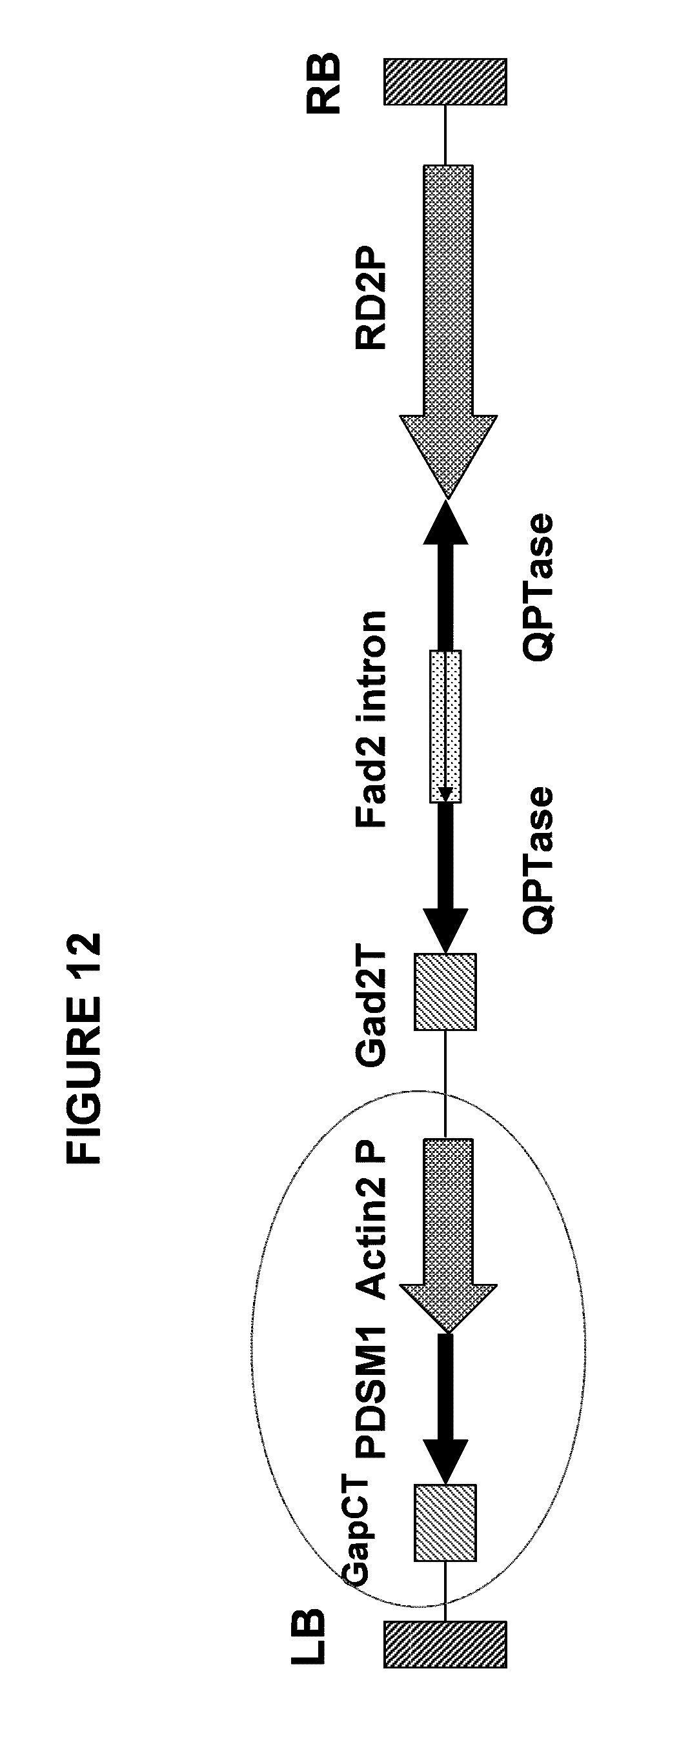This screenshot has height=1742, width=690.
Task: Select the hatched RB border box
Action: (x=445, y=81)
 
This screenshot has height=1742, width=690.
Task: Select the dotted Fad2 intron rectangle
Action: (x=445, y=726)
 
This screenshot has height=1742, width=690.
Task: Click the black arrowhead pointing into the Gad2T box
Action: (x=445, y=929)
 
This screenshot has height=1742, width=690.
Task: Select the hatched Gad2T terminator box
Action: (x=445, y=992)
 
